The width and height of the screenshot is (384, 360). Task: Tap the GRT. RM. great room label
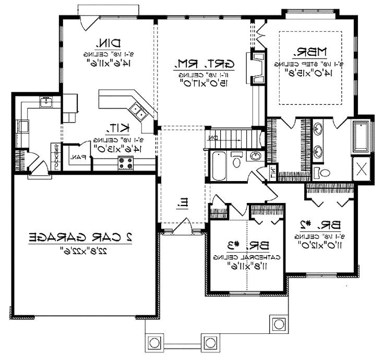coord(204,64)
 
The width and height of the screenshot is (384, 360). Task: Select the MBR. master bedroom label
coord(309,52)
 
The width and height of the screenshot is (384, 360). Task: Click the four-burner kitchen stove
coord(126,162)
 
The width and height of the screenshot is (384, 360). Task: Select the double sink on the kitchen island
coord(138,110)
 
